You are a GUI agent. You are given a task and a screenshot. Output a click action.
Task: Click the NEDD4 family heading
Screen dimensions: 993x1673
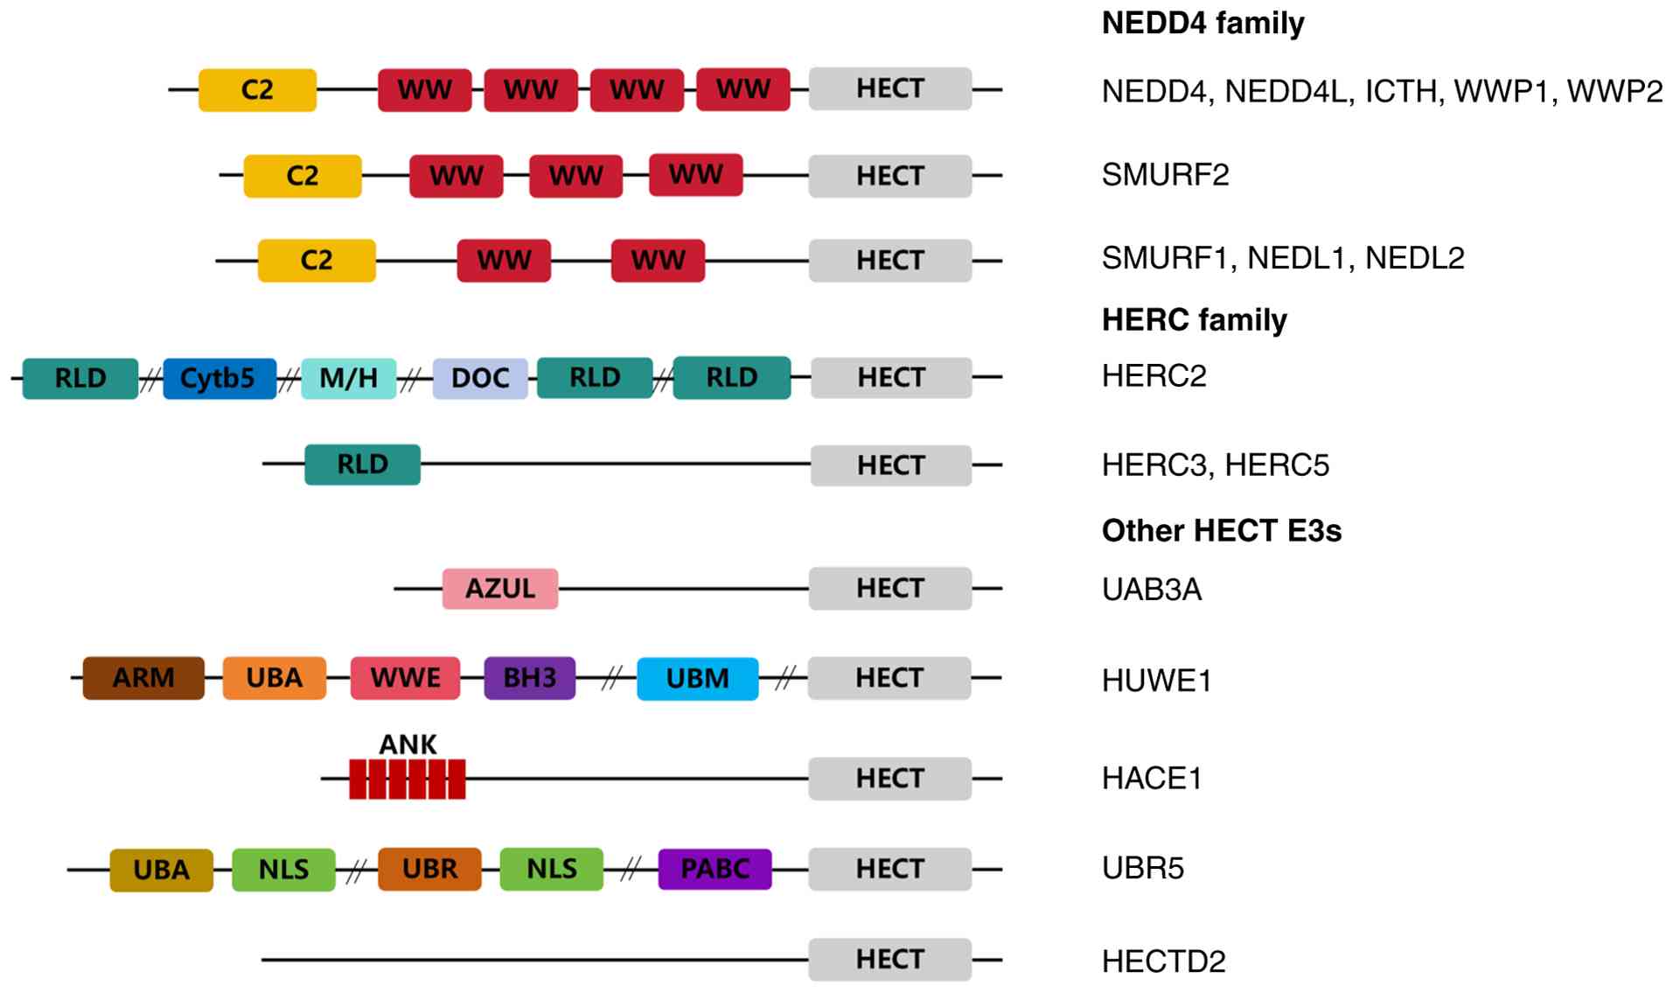click(1202, 23)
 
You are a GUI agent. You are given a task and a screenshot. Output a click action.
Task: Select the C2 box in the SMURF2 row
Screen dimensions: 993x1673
click(302, 176)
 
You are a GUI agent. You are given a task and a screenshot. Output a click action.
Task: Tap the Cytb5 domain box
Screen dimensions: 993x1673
click(219, 378)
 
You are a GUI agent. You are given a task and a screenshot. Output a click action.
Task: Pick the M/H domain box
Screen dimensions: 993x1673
click(348, 378)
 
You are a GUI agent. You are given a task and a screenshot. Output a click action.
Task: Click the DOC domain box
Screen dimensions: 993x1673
click(480, 378)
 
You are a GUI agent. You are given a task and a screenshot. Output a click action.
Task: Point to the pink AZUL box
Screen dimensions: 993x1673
click(499, 588)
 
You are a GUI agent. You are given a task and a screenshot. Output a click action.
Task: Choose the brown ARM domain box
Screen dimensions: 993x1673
click(143, 678)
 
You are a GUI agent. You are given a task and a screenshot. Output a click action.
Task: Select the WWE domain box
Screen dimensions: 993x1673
click(405, 678)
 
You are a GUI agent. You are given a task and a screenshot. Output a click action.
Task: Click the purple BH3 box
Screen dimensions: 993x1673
click(529, 678)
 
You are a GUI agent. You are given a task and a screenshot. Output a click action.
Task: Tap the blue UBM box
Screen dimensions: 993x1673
click(697, 679)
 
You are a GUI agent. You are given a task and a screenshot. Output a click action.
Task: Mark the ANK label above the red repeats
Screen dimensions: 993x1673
click(408, 745)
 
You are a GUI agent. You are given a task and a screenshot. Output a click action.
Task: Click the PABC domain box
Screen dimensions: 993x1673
click(715, 869)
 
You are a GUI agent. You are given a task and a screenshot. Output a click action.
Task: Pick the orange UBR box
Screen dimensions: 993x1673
click(429, 869)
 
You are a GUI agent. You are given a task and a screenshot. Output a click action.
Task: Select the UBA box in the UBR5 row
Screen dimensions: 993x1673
click(161, 870)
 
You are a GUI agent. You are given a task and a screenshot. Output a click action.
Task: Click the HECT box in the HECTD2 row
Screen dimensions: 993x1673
click(889, 959)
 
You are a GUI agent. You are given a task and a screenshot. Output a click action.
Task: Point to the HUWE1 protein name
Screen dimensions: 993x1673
click(1156, 681)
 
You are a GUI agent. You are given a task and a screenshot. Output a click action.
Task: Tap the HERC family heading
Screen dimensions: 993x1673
click(1194, 320)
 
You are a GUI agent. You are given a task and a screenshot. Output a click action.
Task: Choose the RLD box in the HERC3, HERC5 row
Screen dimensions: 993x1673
click(362, 464)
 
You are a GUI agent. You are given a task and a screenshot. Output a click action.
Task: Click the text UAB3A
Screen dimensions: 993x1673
click(1151, 590)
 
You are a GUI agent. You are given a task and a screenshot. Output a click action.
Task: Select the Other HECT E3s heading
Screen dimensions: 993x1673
click(1221, 530)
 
